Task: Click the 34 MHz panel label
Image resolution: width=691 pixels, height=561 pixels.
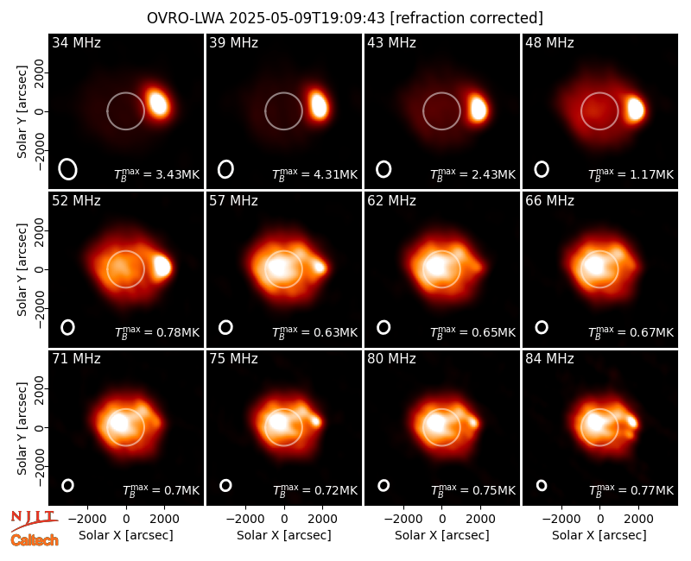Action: click(76, 42)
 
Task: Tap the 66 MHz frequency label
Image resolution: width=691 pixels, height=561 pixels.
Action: click(549, 201)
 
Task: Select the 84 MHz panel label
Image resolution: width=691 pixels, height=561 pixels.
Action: click(549, 359)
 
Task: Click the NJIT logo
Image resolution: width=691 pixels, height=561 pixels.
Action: click(34, 520)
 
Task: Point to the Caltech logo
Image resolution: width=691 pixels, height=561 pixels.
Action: click(35, 540)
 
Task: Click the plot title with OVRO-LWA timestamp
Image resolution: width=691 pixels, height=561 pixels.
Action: click(345, 18)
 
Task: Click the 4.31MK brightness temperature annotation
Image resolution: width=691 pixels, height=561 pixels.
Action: click(315, 174)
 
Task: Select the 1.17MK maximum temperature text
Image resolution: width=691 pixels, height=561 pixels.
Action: click(631, 174)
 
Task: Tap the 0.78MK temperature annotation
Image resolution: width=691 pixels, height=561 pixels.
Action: click(157, 332)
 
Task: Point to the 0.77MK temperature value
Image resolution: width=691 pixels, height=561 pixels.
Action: click(631, 490)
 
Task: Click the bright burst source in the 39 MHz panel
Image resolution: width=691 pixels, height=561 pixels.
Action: click(319, 104)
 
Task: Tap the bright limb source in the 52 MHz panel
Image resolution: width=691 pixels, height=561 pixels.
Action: click(162, 266)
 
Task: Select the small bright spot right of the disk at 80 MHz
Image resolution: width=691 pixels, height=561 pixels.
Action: click(472, 423)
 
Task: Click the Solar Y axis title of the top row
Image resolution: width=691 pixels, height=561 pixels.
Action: click(22, 112)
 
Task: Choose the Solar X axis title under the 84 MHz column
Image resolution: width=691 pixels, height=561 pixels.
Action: click(599, 535)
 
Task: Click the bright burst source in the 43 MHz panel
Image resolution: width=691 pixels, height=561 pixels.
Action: click(478, 108)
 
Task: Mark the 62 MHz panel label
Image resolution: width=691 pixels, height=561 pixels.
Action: click(392, 201)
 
